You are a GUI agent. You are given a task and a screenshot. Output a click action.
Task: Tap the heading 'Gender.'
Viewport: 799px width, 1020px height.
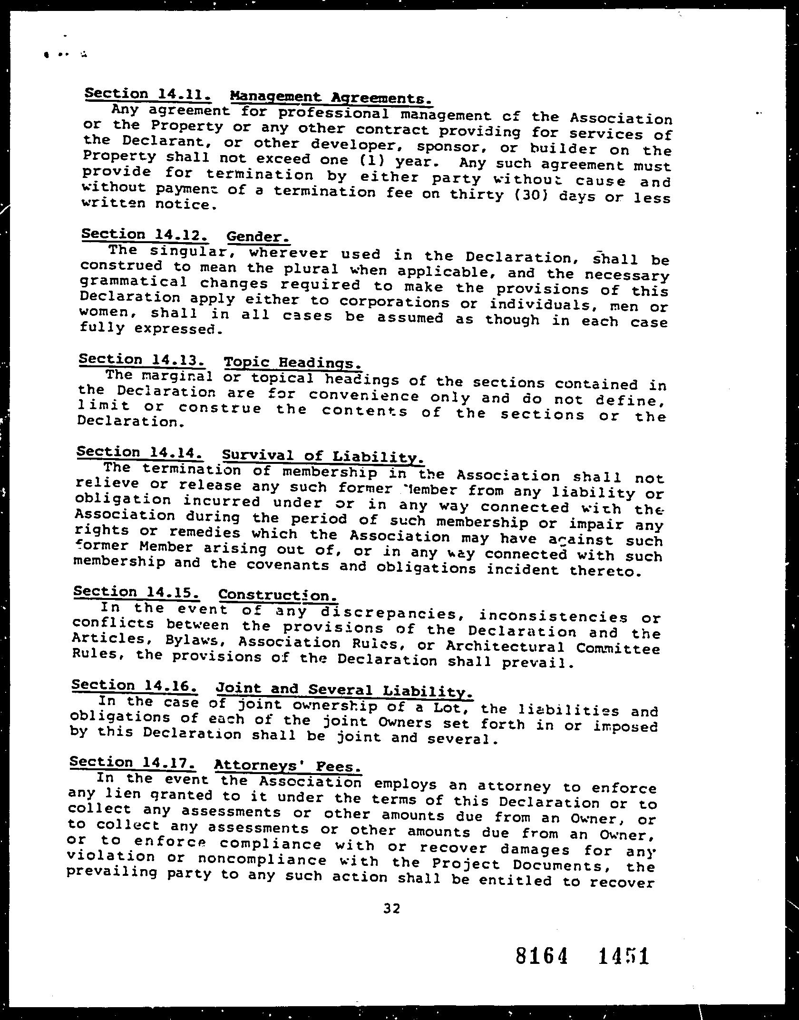pyautogui.click(x=258, y=236)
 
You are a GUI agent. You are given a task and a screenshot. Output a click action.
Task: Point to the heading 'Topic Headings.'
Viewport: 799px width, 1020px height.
pyautogui.click(x=292, y=363)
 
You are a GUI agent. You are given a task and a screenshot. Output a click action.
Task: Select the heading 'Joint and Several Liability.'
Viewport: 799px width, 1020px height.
pyautogui.click(x=344, y=690)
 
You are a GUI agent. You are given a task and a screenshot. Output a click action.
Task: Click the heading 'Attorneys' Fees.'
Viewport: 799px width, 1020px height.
pyautogui.click(x=288, y=765)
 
